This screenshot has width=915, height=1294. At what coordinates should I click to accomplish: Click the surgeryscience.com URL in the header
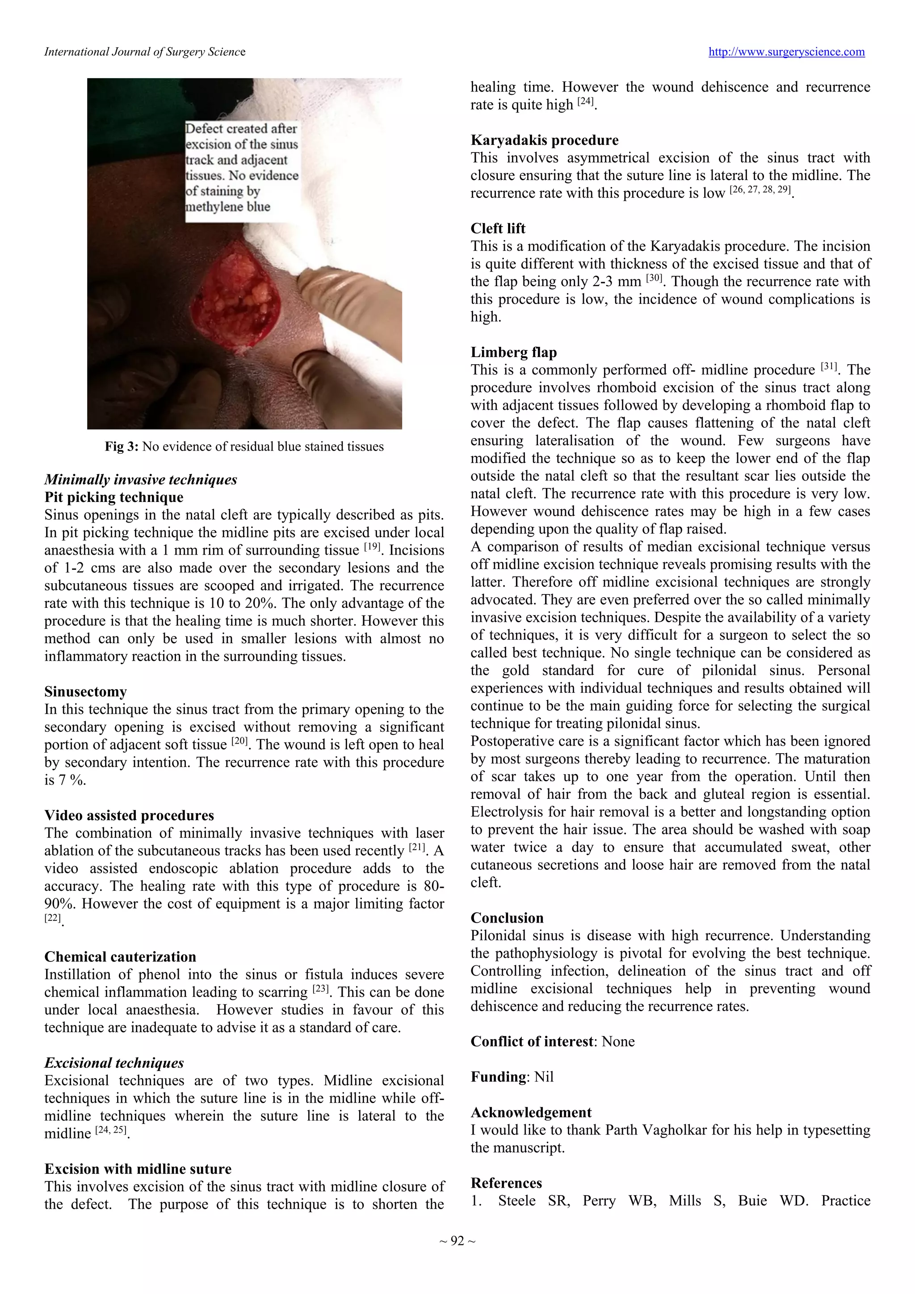point(786,52)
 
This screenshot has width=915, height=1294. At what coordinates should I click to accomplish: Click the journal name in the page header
point(145,52)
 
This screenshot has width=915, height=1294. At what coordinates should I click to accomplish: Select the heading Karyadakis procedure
point(544,140)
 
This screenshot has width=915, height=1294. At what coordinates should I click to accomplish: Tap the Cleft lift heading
point(498,228)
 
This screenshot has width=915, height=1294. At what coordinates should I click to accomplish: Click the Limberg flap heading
point(513,352)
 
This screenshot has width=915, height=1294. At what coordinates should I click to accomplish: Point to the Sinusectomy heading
point(85,691)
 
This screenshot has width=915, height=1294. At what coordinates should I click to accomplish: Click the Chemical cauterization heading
point(120,957)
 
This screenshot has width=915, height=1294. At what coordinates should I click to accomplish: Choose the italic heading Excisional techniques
point(114,1062)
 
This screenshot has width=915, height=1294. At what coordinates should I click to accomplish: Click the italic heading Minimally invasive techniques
point(140,480)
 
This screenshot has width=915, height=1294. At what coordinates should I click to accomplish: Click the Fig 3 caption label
point(121,447)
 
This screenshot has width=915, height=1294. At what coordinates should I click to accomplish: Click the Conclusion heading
point(507,918)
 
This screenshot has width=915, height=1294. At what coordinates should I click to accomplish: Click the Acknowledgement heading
point(531,1112)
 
